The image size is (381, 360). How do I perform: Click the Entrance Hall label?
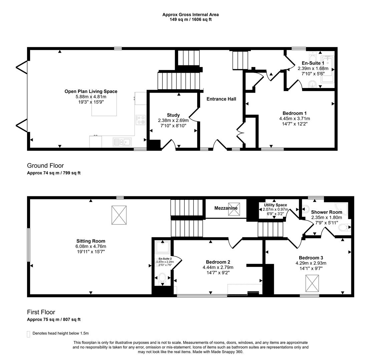click(x=221, y=99)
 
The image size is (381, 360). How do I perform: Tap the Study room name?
click(x=173, y=115)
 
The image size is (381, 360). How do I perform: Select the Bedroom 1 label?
click(x=295, y=113)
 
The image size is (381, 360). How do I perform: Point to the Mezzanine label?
click(x=226, y=208)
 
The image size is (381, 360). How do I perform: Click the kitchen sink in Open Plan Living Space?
click(x=122, y=142)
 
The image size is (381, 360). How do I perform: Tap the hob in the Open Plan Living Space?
click(x=141, y=120)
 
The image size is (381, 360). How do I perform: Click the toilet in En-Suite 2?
click(x=162, y=279)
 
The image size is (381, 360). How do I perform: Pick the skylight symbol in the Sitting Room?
click(x=119, y=215)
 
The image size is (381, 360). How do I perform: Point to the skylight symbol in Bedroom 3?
click(x=312, y=283)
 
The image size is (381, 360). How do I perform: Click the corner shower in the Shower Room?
click(x=342, y=209)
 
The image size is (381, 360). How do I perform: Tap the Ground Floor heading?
click(x=45, y=166)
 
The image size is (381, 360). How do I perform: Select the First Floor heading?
click(x=41, y=312)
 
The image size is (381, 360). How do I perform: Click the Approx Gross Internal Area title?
click(x=190, y=15)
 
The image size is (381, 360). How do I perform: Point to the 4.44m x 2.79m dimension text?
click(x=218, y=267)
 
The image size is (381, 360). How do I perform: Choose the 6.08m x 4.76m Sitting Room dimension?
click(x=91, y=246)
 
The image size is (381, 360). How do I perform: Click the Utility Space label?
click(x=275, y=205)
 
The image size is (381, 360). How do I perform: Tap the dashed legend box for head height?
click(x=28, y=334)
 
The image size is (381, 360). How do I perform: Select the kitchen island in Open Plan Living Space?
click(x=104, y=104)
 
